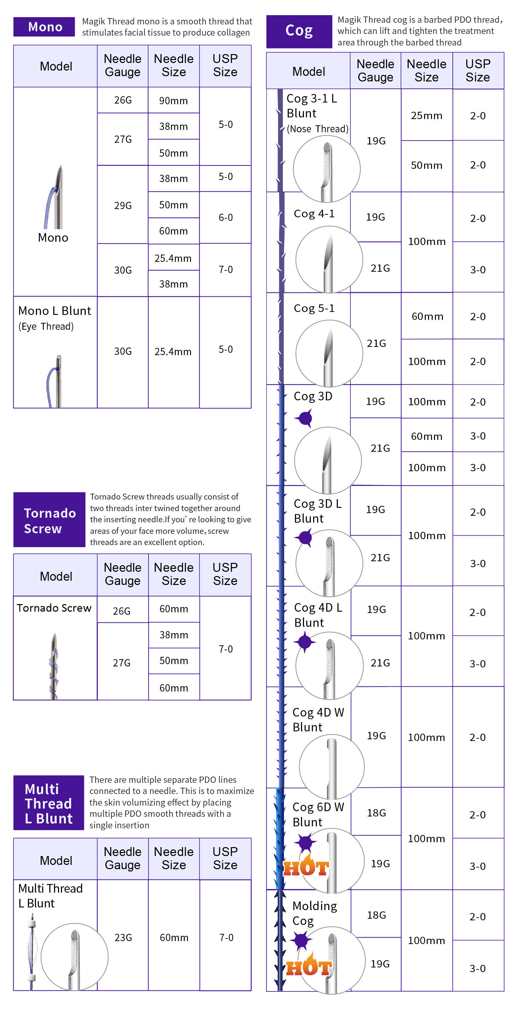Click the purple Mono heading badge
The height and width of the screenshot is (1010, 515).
pyautogui.click(x=44, y=27)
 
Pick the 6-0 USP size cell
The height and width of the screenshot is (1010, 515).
pyautogui.click(x=225, y=217)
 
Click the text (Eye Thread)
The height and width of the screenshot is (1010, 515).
pyautogui.click(x=46, y=326)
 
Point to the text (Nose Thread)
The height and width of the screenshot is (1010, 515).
pyautogui.click(x=317, y=129)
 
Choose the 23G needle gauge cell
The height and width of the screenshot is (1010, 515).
pyautogui.click(x=122, y=937)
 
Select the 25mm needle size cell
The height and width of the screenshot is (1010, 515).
pyautogui.click(x=426, y=115)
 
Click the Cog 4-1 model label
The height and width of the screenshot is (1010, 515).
pyautogui.click(x=314, y=214)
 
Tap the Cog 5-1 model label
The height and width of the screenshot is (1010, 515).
pyautogui.click(x=314, y=308)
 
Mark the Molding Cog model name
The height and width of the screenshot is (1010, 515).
pyautogui.click(x=314, y=913)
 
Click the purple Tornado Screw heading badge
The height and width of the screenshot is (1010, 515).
pyautogui.click(x=49, y=520)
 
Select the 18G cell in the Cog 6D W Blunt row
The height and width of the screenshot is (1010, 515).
pyautogui.click(x=376, y=813)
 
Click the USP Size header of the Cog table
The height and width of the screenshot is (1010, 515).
pyautogui.click(x=477, y=71)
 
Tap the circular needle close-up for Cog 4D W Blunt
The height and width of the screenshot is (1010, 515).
pyautogui.click(x=331, y=767)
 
